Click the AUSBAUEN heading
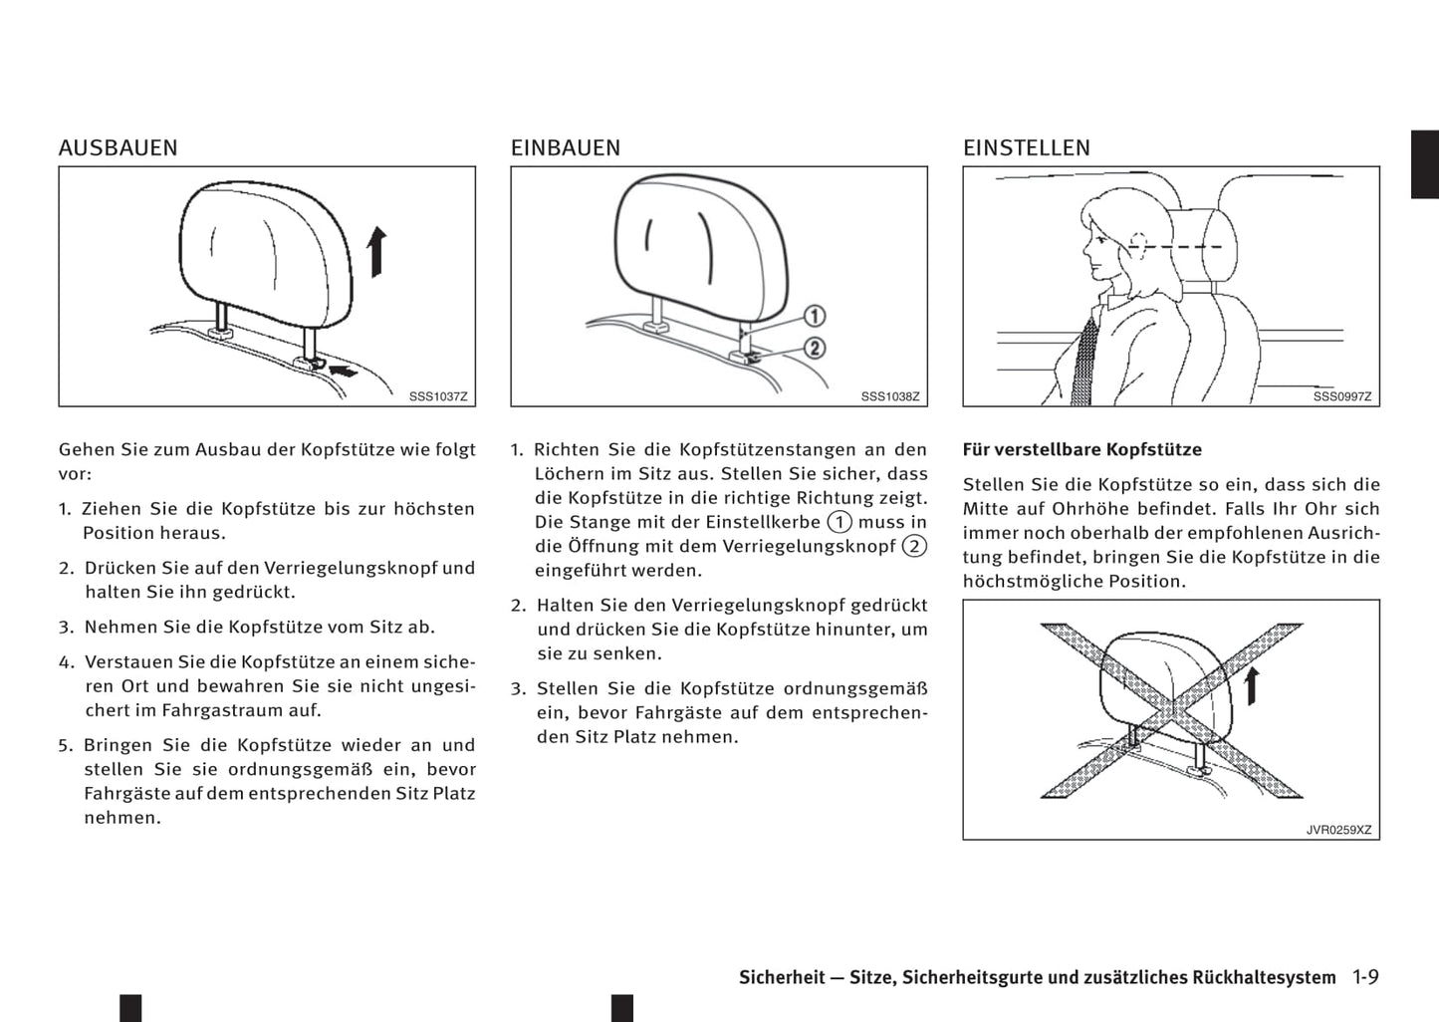click(118, 148)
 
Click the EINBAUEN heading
click(565, 148)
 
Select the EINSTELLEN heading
click(1026, 148)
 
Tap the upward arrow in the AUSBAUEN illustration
click(375, 251)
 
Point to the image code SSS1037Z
click(437, 396)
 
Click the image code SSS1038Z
click(889, 396)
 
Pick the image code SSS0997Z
click(1341, 396)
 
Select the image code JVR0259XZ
click(1338, 830)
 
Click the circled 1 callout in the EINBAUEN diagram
click(814, 317)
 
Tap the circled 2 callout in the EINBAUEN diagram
click(814, 348)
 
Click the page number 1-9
click(1365, 977)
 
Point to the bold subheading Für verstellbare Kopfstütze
click(1081, 449)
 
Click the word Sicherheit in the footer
click(782, 977)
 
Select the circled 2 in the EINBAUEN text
click(913, 546)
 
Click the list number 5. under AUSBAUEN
click(66, 745)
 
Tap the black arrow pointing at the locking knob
click(342, 372)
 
